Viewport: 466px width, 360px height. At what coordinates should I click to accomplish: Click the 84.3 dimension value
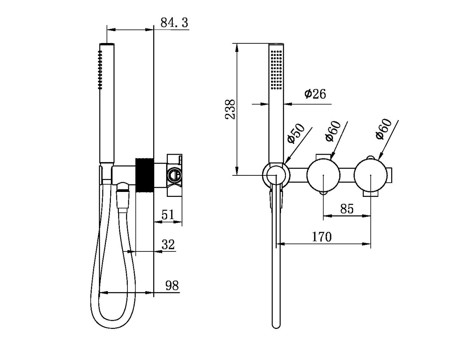pyautogui.click(x=174, y=23)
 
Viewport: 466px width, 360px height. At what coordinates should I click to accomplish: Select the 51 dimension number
pyautogui.click(x=167, y=215)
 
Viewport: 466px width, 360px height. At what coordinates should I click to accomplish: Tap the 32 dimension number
pyautogui.click(x=168, y=244)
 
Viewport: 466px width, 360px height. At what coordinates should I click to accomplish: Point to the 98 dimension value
pyautogui.click(x=172, y=285)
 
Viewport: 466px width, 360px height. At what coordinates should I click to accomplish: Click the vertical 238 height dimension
pyautogui.click(x=230, y=109)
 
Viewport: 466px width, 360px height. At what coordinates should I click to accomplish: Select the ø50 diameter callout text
pyautogui.click(x=296, y=133)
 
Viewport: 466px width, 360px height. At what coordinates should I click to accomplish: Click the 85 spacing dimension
pyautogui.click(x=346, y=209)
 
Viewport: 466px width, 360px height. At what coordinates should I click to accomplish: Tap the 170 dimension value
pyautogui.click(x=321, y=237)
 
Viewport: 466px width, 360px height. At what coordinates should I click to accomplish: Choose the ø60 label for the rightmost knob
pyautogui.click(x=383, y=129)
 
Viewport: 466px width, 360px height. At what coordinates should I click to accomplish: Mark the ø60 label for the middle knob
pyautogui.click(x=333, y=131)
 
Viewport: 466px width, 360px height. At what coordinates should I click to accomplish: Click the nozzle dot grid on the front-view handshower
pyautogui.click(x=276, y=69)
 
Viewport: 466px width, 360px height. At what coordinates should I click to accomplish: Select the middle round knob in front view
pyautogui.click(x=324, y=175)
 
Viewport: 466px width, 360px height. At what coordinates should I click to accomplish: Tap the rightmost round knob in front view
pyautogui.click(x=371, y=175)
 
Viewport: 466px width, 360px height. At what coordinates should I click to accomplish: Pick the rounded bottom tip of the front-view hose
pyautogui.click(x=276, y=325)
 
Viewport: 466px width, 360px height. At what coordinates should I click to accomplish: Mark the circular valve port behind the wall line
pyautogui.click(x=174, y=175)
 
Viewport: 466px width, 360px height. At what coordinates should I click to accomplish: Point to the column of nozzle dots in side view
pyautogui.click(x=100, y=69)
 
